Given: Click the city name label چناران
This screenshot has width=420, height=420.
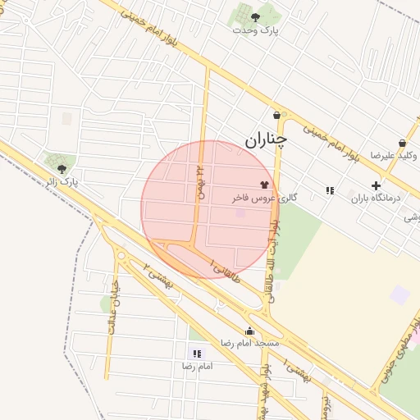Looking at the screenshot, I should tap(267, 140).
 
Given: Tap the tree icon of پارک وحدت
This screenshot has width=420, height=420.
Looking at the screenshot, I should tap(255, 16).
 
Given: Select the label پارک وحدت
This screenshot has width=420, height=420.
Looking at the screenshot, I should tap(255, 30).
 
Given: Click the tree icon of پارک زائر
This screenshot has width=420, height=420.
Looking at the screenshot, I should tap(62, 168).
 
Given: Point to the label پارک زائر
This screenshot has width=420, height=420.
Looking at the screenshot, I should tap(62, 181).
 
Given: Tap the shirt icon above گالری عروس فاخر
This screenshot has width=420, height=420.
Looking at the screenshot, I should tap(264, 185).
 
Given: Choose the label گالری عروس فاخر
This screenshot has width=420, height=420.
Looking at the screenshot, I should tap(263, 199).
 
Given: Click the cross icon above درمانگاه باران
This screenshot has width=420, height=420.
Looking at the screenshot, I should tap(376, 185).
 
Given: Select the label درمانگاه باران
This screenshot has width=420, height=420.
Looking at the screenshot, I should tap(374, 198).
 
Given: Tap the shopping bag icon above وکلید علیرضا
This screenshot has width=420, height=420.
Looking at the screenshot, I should tap(402, 143).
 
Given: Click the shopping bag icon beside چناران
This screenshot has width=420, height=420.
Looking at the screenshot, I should tap(276, 116).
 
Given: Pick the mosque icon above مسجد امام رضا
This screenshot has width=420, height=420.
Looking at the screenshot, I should tap(249, 331).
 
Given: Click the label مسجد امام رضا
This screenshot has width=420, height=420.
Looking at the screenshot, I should tap(249, 343).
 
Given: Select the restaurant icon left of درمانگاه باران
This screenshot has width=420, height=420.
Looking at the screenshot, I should tap(330, 190).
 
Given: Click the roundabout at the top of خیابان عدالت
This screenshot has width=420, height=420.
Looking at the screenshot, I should tap(121, 257).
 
